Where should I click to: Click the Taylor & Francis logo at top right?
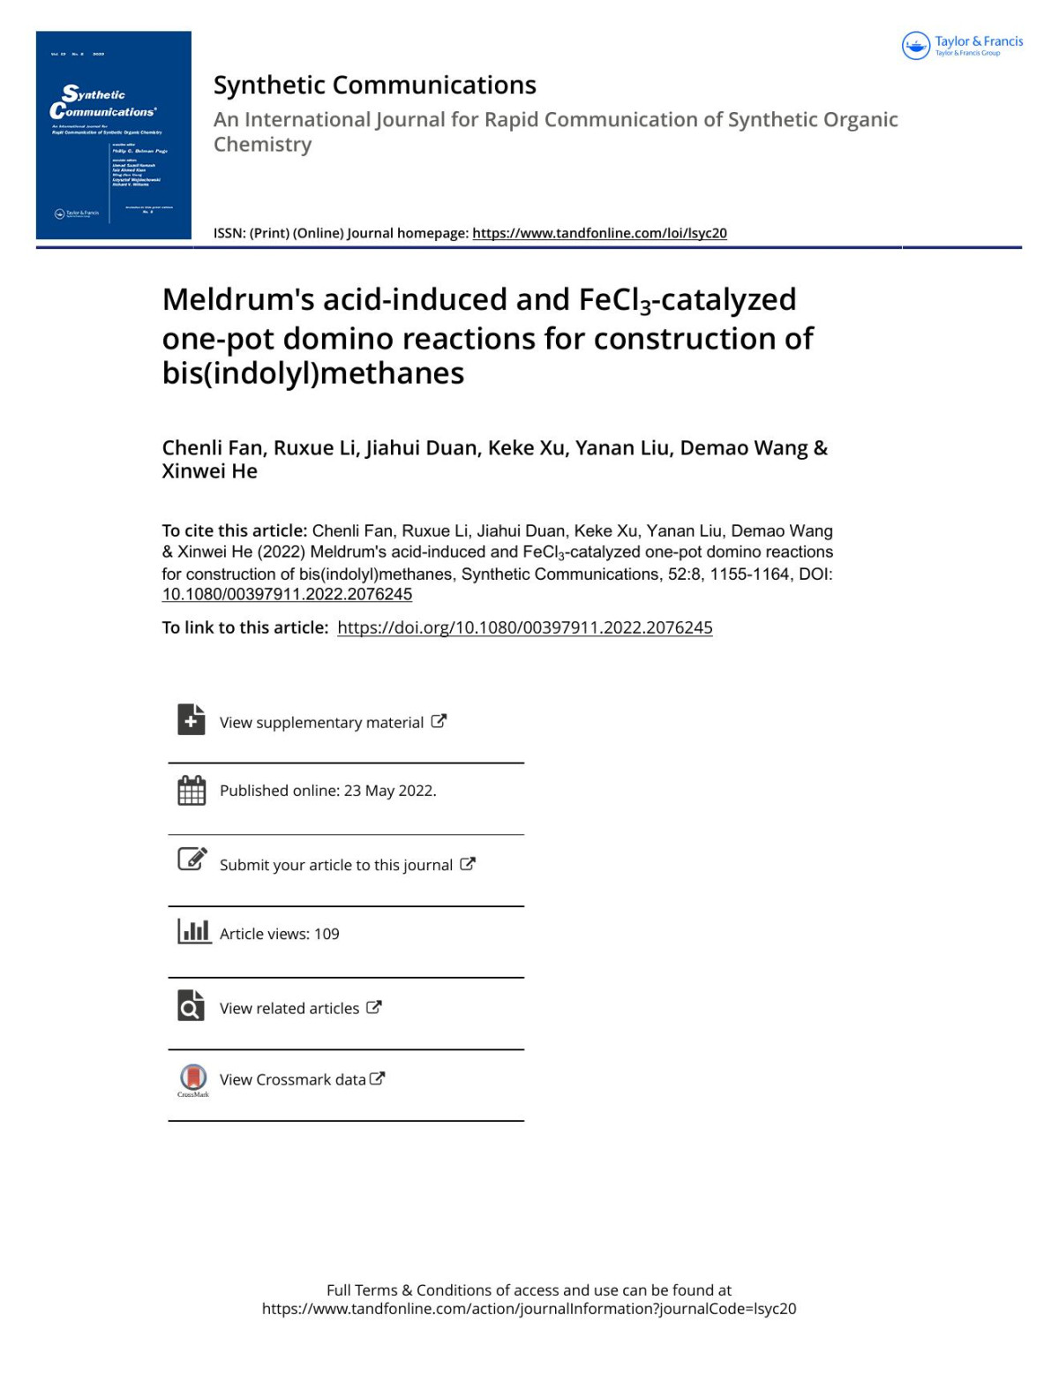962,45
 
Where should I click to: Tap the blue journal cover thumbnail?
113,135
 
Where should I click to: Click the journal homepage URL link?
599,233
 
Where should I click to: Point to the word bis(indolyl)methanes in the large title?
313,373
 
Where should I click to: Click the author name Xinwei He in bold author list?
210,471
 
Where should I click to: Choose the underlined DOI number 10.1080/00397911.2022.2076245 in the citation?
287,595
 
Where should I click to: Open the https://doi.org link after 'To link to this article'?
524,627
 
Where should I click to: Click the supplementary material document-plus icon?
191,719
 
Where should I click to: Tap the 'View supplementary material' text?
321,723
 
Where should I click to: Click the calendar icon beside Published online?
192,790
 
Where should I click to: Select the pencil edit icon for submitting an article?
192,859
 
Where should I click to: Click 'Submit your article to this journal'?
335,865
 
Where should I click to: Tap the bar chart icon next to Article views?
193,931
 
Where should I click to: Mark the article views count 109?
327,934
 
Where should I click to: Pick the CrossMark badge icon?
193,1078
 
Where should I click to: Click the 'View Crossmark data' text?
292,1079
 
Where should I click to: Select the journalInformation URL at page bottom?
529,1309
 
